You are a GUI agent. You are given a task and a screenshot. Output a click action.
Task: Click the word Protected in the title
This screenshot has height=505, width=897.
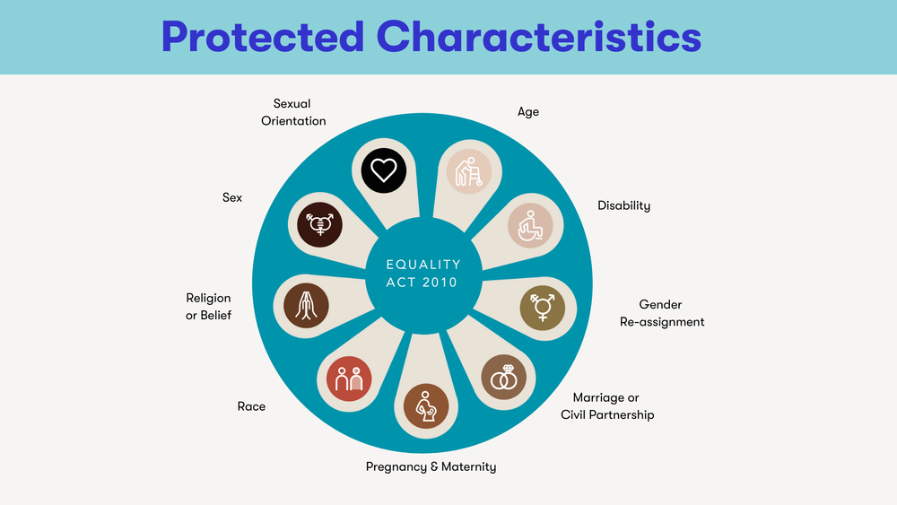262,37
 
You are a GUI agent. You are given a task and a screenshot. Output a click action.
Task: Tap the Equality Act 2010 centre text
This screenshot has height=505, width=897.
422,274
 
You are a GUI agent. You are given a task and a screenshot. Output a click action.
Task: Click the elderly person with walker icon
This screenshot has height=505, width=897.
468,171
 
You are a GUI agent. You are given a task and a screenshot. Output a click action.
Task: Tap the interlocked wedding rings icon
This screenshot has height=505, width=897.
504,377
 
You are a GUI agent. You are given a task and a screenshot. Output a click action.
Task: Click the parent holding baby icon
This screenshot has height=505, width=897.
425,405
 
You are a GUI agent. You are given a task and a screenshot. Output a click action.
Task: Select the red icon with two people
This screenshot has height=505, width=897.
347,379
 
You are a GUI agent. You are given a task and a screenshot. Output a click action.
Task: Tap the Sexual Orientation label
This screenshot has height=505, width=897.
292,112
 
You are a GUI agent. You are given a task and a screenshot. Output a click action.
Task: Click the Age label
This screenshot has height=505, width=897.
528,112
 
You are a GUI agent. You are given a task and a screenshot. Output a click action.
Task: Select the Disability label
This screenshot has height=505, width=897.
624,205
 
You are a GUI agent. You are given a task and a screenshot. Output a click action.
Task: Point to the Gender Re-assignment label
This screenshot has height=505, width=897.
662,313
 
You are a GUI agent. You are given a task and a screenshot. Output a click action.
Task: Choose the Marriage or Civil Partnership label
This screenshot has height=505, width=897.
607,406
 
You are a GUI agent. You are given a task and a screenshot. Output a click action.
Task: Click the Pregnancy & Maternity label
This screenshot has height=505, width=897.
431,466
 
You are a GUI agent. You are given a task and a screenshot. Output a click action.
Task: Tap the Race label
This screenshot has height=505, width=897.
251,406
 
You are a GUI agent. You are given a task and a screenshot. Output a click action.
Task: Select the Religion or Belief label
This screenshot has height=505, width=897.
209,306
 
